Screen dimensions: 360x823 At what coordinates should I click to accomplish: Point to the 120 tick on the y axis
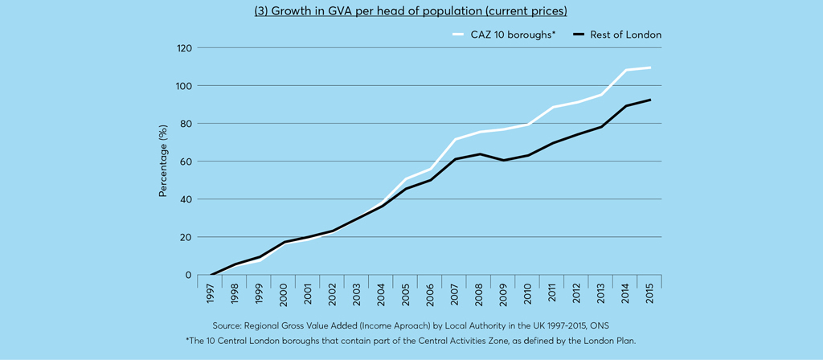184,48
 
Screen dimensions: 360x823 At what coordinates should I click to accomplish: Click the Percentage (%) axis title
163,161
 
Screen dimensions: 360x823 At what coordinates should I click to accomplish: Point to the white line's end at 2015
649,67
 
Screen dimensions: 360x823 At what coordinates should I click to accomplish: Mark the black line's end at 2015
649,100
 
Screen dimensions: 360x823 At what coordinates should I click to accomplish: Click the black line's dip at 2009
504,160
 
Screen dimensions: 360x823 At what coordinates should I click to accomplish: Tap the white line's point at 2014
626,70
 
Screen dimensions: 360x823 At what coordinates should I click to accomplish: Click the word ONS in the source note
599,325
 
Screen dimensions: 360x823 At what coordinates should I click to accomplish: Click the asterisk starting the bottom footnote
187,341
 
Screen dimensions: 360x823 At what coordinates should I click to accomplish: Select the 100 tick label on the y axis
184,86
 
